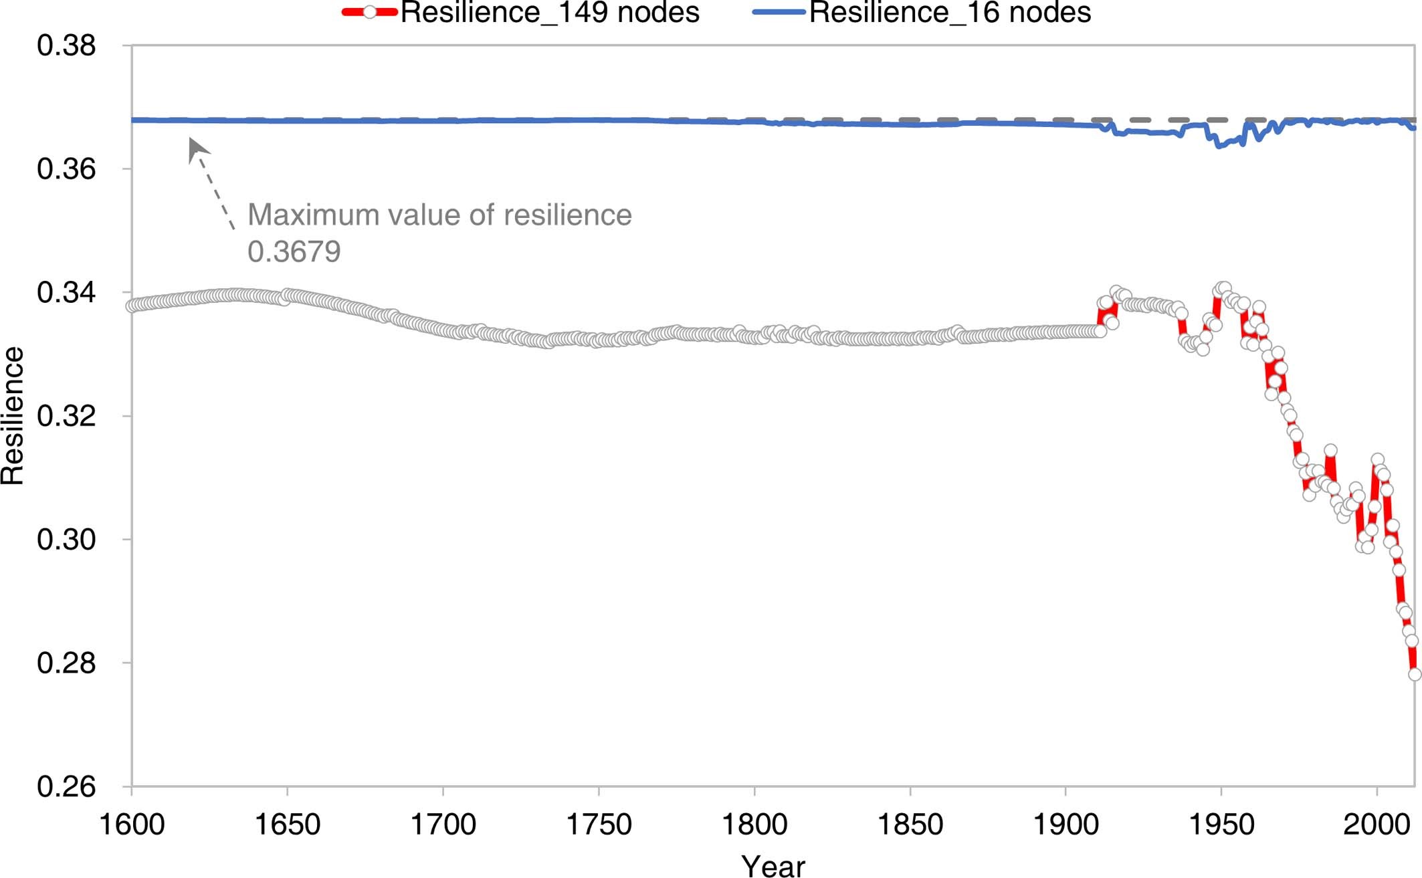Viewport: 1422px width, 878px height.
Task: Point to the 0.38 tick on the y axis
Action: [x=66, y=45]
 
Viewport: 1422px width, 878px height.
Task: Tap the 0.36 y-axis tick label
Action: [x=66, y=169]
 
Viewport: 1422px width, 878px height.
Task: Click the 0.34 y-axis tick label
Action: [x=66, y=293]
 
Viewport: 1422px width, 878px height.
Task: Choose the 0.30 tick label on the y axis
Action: [x=66, y=540]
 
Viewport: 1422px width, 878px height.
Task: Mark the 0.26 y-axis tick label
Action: [x=66, y=786]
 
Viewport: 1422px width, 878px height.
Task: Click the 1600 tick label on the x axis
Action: [x=132, y=825]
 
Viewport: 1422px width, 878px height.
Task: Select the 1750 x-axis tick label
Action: [x=599, y=825]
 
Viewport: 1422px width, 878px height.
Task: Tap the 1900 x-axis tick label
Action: [x=1065, y=825]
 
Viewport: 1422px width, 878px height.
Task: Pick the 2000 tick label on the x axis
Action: [x=1377, y=825]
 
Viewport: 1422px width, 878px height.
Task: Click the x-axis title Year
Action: [x=773, y=866]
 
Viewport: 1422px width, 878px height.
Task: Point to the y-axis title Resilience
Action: [x=13, y=416]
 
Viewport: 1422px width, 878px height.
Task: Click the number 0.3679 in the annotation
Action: [x=294, y=252]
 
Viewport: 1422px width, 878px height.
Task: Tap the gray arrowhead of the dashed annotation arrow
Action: [x=196, y=148]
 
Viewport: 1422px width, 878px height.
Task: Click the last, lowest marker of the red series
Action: [x=1415, y=674]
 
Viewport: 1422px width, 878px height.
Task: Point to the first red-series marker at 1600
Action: [x=132, y=306]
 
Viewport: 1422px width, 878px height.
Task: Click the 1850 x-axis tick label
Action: [x=910, y=825]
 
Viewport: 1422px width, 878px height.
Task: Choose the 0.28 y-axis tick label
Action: [x=66, y=663]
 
